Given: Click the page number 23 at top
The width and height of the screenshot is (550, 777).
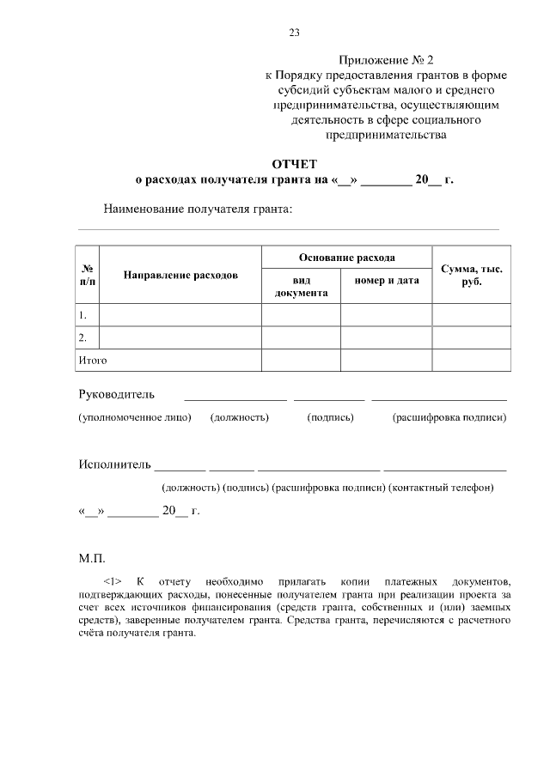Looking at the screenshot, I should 294,33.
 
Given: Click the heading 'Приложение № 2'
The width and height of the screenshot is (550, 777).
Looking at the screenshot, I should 387,60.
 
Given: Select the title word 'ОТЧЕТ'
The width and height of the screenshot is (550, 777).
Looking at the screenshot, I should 295,163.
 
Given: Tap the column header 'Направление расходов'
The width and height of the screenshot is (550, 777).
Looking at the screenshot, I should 180,276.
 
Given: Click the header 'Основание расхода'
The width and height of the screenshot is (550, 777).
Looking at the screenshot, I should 346,257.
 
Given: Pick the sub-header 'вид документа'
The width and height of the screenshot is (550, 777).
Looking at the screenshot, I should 301,287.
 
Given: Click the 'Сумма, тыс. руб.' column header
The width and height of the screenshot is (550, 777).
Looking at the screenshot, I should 471,276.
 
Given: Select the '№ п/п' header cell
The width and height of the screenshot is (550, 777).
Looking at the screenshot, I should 88,276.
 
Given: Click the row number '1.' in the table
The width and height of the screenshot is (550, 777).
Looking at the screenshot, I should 82,315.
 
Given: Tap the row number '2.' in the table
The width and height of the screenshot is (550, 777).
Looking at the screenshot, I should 82,337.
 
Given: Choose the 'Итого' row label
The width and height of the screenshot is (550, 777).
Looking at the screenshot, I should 92,361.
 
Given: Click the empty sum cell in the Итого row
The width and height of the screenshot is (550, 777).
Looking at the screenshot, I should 471,361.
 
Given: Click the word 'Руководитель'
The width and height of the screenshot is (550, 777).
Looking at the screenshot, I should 116,395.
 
